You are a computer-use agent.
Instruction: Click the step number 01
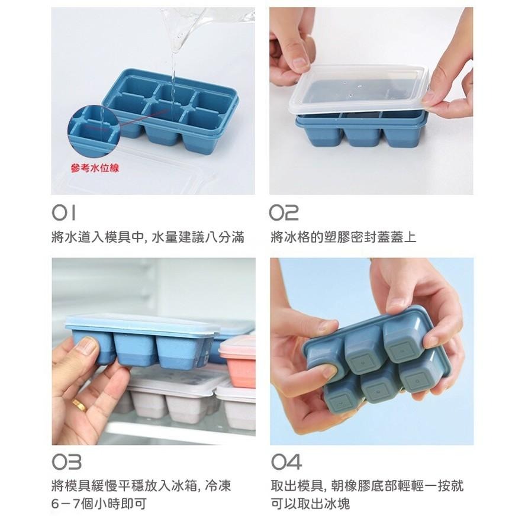coord(63,212)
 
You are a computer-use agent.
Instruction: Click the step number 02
coord(284,212)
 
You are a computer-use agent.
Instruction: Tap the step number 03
coord(66,462)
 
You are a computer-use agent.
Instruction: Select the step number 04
coord(286,462)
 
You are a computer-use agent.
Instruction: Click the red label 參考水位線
coord(95,168)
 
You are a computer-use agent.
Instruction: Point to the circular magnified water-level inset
coord(89,131)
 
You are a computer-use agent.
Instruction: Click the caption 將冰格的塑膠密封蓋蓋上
coord(343,237)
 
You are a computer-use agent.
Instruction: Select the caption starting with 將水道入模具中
coord(147,237)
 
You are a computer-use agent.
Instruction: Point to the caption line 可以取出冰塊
coord(310,504)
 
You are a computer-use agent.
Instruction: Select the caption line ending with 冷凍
coord(140,486)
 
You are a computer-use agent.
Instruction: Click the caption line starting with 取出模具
coord(366,486)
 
